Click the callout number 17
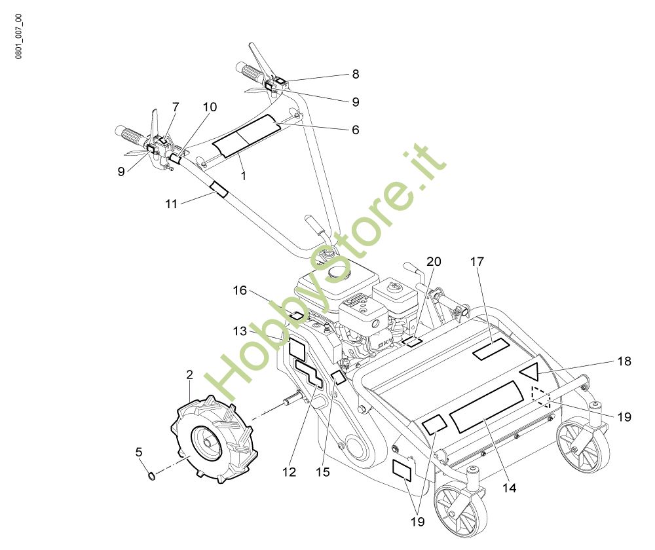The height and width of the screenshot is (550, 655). (476, 262)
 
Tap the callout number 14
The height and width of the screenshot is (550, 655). (509, 488)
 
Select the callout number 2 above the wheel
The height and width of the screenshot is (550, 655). (189, 375)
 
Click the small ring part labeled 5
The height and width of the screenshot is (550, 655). (152, 475)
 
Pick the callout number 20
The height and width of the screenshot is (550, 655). (433, 262)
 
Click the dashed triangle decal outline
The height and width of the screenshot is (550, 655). (540, 396)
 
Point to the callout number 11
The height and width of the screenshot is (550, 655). (171, 204)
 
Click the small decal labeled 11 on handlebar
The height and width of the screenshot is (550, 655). (218, 190)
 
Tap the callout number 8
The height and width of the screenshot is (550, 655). (355, 75)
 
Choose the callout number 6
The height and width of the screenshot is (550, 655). (355, 130)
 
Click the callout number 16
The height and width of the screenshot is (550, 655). (240, 290)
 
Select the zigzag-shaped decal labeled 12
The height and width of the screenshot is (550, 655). (308, 375)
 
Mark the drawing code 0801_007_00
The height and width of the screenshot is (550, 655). (18, 37)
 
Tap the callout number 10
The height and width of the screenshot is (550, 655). (210, 107)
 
